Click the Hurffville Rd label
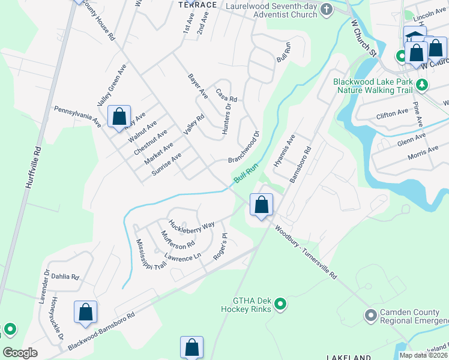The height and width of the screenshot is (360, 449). [33, 169]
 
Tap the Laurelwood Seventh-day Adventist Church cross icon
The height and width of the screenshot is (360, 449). [326, 9]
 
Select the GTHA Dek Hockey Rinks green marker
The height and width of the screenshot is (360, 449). [280, 305]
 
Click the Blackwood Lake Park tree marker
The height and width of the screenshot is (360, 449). [423, 86]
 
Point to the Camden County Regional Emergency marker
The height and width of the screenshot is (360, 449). [371, 314]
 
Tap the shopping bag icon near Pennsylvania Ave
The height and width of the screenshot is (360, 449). [119, 116]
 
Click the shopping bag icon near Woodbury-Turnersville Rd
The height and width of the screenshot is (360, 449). [261, 205]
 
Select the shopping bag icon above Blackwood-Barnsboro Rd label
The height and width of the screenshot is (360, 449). [85, 312]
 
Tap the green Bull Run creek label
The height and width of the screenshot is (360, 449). [246, 174]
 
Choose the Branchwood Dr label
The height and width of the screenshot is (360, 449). [243, 147]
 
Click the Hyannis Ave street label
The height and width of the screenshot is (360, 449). [285, 151]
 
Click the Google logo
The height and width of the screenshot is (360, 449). [21, 353]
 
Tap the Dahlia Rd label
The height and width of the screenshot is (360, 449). [66, 277]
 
